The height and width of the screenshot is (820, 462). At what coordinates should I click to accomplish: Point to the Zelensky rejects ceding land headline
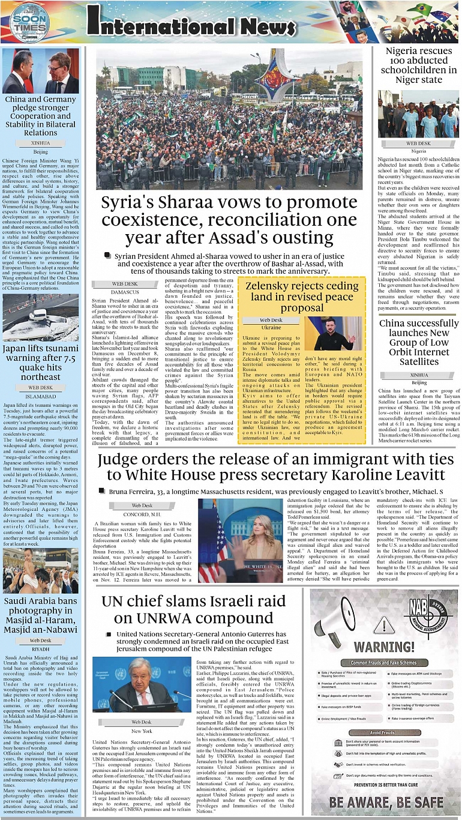pos(302,297)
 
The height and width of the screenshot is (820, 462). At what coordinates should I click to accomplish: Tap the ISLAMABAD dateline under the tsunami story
pos(40,396)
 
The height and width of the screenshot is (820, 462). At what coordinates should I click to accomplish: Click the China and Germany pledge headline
pos(41,116)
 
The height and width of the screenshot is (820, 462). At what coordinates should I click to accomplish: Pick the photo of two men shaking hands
pos(41,71)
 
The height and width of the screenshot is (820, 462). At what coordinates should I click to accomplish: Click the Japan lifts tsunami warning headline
pos(41,362)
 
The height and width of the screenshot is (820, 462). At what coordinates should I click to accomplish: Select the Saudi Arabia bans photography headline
pos(41,615)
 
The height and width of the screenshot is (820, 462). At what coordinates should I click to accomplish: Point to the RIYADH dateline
pos(40,649)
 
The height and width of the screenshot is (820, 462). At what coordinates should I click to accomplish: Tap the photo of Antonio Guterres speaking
pos(142,684)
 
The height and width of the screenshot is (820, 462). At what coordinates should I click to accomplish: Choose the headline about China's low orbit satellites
pos(419,343)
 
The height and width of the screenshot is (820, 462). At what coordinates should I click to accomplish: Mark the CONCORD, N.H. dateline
pos(142,514)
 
